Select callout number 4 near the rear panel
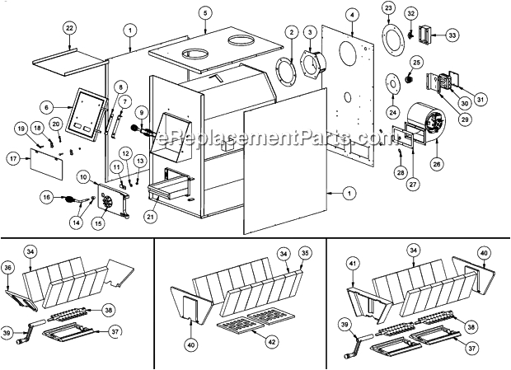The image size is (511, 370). [352, 15]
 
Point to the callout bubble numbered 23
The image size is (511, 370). [388, 8]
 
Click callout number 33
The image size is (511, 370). [452, 35]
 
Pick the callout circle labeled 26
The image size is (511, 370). [437, 163]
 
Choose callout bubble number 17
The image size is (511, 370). [13, 157]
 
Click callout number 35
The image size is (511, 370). [304, 254]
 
